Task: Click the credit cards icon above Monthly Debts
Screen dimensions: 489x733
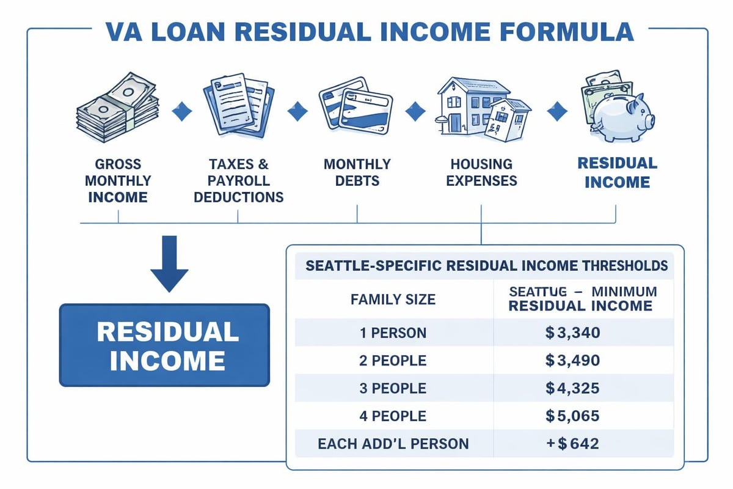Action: [356, 107]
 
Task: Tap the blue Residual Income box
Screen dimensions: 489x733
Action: [164, 345]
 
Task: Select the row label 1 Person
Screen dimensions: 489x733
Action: [393, 333]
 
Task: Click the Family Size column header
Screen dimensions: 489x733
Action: [393, 300]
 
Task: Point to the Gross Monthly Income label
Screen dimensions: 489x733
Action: [117, 181]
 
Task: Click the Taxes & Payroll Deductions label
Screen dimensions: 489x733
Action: [238, 181]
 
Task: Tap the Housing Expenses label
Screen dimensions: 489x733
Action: [483, 172]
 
